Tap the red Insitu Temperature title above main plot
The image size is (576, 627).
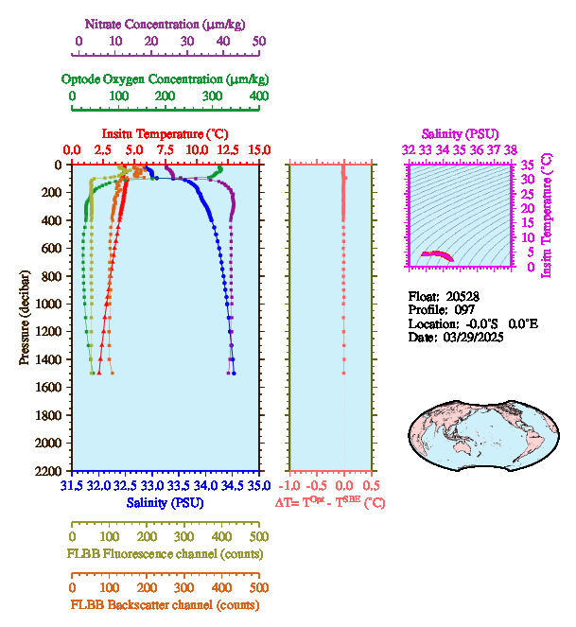pos(164,133)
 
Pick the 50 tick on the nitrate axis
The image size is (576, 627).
pos(259,43)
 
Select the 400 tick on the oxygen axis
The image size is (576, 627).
pos(258,96)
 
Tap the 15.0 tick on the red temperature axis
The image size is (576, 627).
pos(259,149)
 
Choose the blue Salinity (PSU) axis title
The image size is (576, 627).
pos(165,501)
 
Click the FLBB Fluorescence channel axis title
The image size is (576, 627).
pos(165,554)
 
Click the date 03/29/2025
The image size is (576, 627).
pos(471,337)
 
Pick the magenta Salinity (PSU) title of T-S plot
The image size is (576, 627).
pos(458,134)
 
